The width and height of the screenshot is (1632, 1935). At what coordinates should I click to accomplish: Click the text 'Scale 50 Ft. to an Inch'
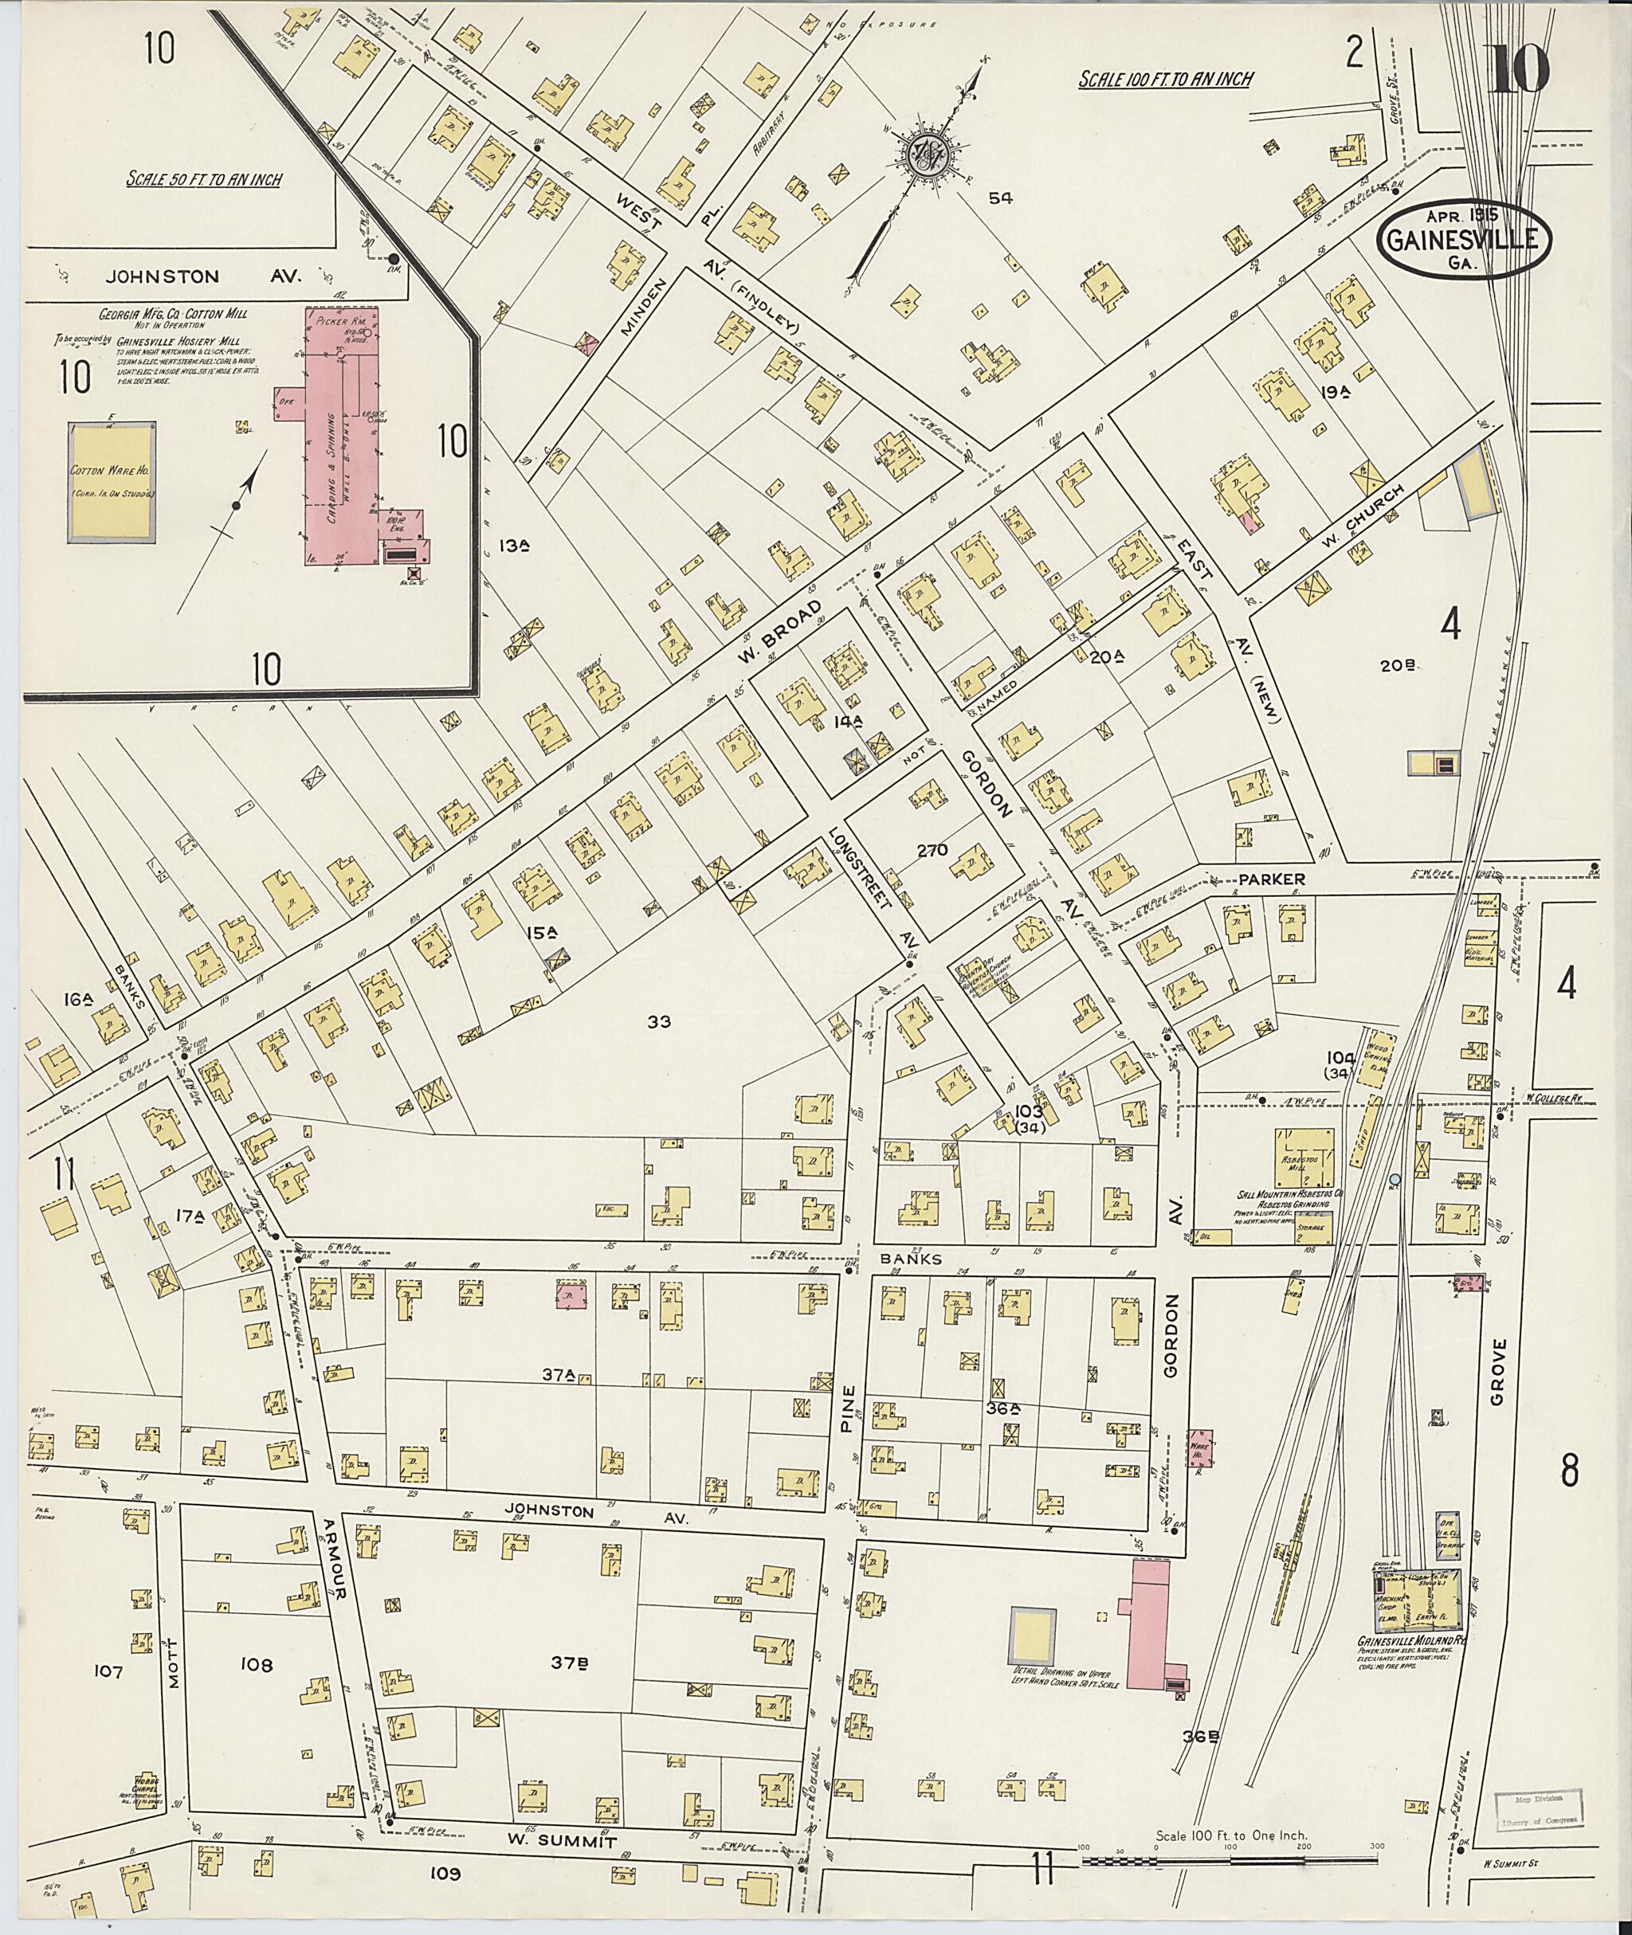click(x=205, y=179)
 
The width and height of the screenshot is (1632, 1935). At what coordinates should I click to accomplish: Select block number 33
click(x=659, y=1022)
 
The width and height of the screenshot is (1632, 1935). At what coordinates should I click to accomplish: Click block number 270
click(x=932, y=849)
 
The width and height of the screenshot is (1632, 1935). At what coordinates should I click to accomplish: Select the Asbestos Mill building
click(x=1305, y=1156)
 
